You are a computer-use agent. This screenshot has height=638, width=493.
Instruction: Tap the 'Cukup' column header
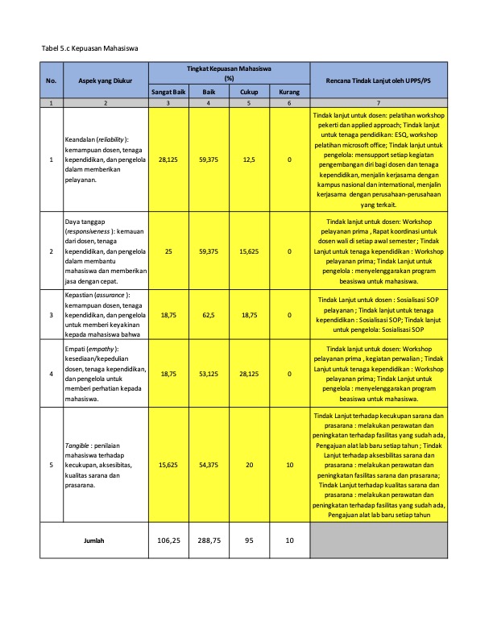249,93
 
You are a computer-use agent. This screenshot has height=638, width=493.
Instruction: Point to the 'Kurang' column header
289,93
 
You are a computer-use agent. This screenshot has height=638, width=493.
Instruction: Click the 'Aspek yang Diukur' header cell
106,81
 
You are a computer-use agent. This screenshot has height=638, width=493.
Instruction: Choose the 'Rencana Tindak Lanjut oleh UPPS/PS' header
378,81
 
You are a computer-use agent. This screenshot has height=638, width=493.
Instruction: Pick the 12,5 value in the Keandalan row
249,160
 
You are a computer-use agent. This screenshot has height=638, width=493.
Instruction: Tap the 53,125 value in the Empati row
209,374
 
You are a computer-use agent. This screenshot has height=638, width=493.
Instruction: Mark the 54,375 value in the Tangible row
209,465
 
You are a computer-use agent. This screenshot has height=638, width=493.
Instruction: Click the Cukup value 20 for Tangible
249,465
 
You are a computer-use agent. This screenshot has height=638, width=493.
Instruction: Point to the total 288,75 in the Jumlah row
209,541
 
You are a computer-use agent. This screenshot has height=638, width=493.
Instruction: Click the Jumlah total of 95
249,541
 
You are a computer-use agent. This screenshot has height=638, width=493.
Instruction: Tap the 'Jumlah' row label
94,541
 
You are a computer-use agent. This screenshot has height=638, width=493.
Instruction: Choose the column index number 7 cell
378,104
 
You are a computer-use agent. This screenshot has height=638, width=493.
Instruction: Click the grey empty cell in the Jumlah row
378,541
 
